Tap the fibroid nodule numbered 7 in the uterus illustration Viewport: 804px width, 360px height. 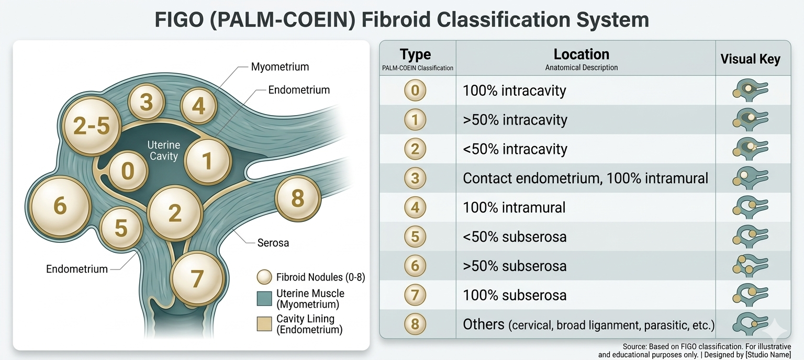(196, 278)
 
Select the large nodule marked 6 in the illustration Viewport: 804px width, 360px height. (60, 206)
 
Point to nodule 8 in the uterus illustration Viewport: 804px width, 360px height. (297, 199)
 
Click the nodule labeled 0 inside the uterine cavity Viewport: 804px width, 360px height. (127, 171)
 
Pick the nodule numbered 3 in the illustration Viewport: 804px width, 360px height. (147, 103)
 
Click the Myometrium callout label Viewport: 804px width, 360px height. (280, 67)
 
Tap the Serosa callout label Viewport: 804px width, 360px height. (273, 243)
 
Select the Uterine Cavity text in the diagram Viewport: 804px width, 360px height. (163, 150)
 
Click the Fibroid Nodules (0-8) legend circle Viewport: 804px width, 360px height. (265, 277)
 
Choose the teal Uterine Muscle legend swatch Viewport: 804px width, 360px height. (265, 299)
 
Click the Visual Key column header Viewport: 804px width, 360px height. (750, 59)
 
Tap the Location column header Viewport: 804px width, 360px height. (581, 55)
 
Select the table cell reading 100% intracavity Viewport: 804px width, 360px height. (514, 91)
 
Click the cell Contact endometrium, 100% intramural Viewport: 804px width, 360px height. (585, 178)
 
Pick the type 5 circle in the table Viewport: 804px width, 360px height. (415, 237)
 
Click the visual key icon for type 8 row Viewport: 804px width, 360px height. (750, 323)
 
